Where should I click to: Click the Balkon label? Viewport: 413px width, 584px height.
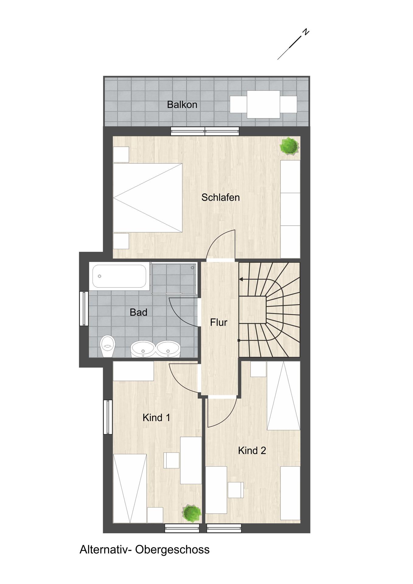coord(182,105)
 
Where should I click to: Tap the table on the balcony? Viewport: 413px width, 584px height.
coord(263,104)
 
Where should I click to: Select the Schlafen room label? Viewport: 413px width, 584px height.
coord(220,197)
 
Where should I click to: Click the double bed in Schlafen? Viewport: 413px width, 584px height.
coord(147,198)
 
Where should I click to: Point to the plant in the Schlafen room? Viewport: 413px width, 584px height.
coord(289,146)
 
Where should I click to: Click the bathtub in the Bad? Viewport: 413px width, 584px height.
coord(119,276)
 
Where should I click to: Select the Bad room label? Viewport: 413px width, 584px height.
coord(138,312)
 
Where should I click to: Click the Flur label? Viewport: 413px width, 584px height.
coord(219,322)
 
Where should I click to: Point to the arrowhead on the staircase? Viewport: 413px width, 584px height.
coord(241,279)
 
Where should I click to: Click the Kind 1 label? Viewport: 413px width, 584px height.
coord(156,418)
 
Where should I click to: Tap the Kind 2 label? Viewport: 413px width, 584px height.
coord(252,450)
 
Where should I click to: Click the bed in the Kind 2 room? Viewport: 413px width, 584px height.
coord(283,395)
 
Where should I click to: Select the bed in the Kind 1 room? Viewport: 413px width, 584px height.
coord(130,488)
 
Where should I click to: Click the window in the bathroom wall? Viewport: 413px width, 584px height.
coord(84,308)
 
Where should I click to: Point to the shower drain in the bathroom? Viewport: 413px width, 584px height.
coord(193,268)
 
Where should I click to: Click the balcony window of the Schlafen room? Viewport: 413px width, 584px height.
coord(205,131)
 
